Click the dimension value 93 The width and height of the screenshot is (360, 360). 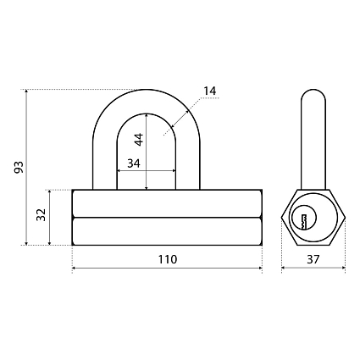click(x=19, y=167)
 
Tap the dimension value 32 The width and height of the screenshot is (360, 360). click(x=42, y=215)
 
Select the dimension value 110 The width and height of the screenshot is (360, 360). click(x=168, y=259)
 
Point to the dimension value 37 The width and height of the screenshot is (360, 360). click(x=313, y=259)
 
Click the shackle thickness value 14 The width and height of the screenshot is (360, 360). click(x=210, y=91)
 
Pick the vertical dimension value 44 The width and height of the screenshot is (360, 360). click(x=139, y=139)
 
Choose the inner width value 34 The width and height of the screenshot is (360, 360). click(x=134, y=163)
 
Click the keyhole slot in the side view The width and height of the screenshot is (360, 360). click(x=304, y=222)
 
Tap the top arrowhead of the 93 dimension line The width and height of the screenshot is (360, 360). click(x=26, y=91)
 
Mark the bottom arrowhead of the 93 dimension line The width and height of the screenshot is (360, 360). click(x=26, y=243)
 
